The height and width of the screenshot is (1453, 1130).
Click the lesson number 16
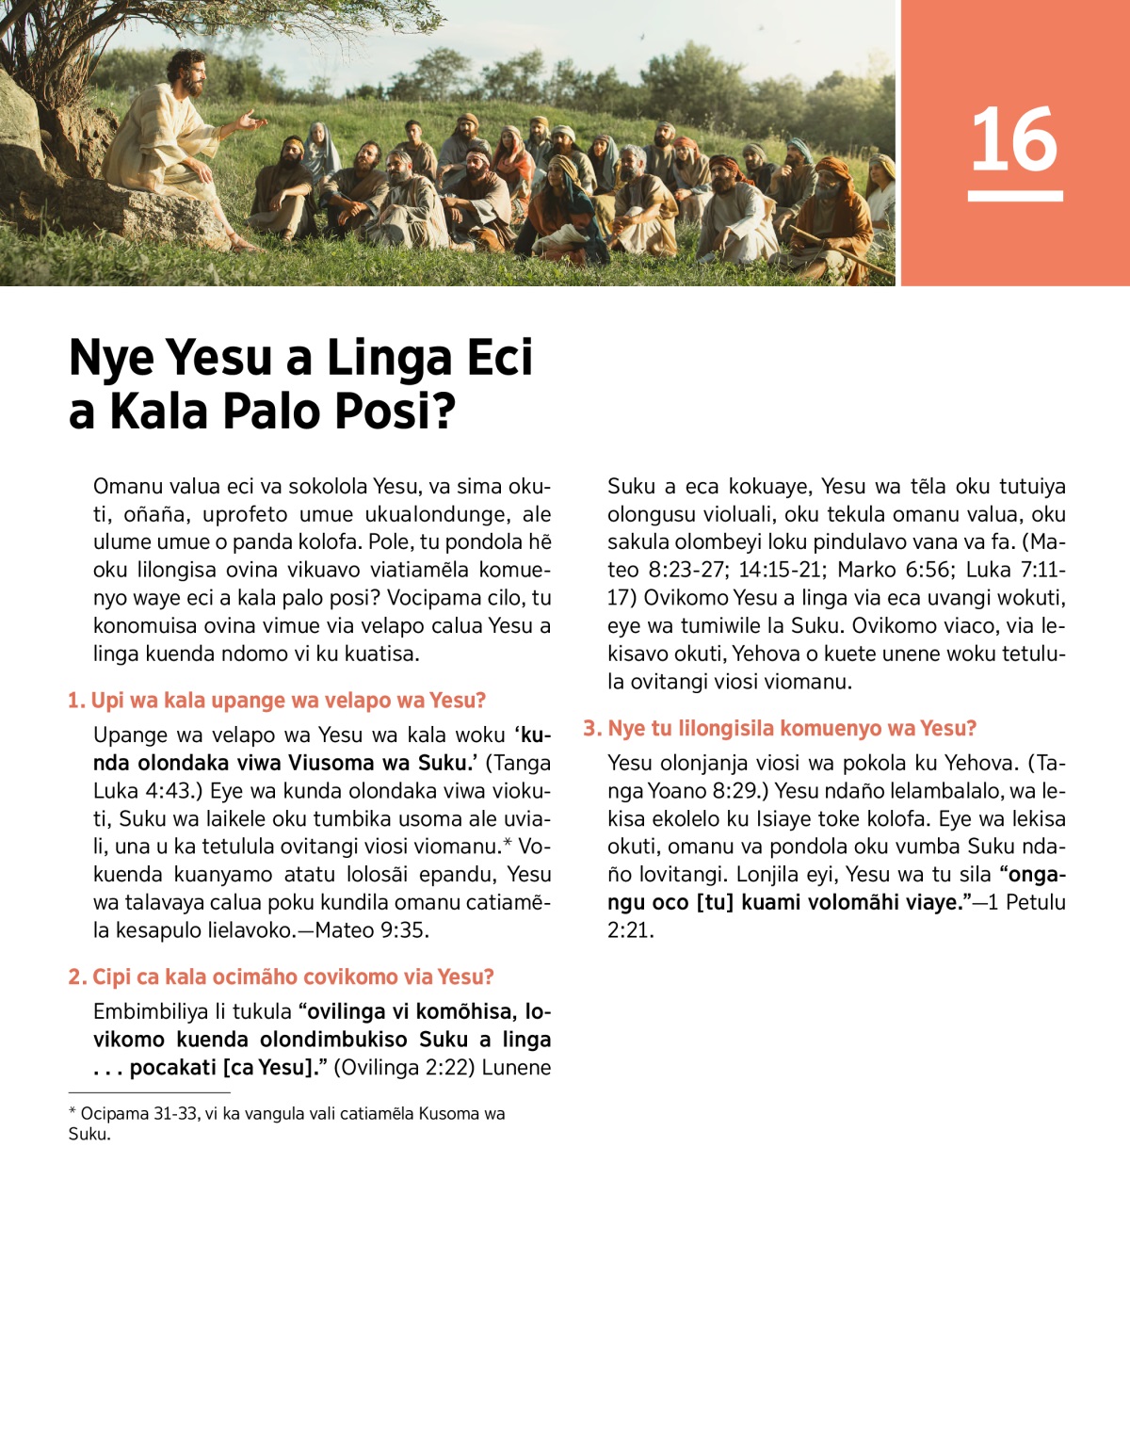click(x=1014, y=140)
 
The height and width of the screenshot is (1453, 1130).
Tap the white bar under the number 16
click(x=1014, y=196)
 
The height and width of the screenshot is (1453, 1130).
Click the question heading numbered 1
click(x=277, y=701)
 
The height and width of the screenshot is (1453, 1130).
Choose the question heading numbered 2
click(x=281, y=977)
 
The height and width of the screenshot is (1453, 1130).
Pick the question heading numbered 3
click(x=780, y=729)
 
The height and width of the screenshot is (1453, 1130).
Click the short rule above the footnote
click(x=149, y=1092)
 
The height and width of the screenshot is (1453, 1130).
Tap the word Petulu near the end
click(x=1035, y=902)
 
